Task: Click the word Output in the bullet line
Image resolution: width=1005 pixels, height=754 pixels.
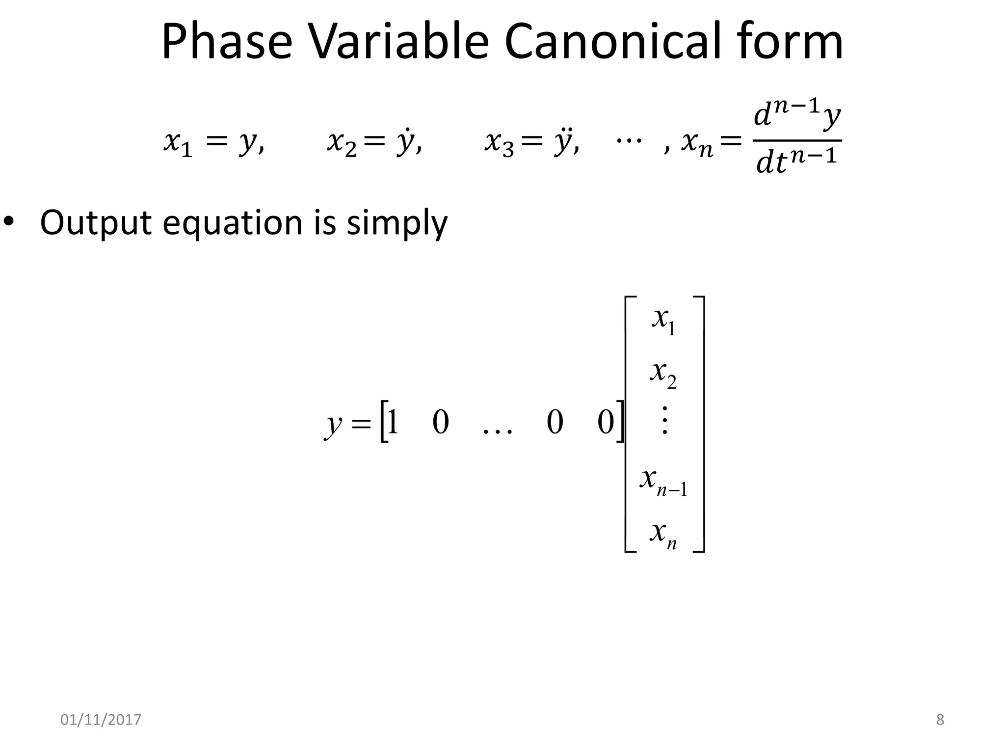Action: [96, 223]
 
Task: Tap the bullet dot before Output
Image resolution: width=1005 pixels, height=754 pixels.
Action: [9, 222]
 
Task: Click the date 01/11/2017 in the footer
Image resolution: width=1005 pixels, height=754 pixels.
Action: [101, 720]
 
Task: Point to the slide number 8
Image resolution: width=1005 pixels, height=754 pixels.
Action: [940, 720]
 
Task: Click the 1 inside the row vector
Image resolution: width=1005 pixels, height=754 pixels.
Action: [393, 422]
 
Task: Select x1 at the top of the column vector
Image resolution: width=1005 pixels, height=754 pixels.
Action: [664, 320]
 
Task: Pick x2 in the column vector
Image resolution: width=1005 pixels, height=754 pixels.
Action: [664, 374]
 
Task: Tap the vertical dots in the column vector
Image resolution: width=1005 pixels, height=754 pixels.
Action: [664, 420]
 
